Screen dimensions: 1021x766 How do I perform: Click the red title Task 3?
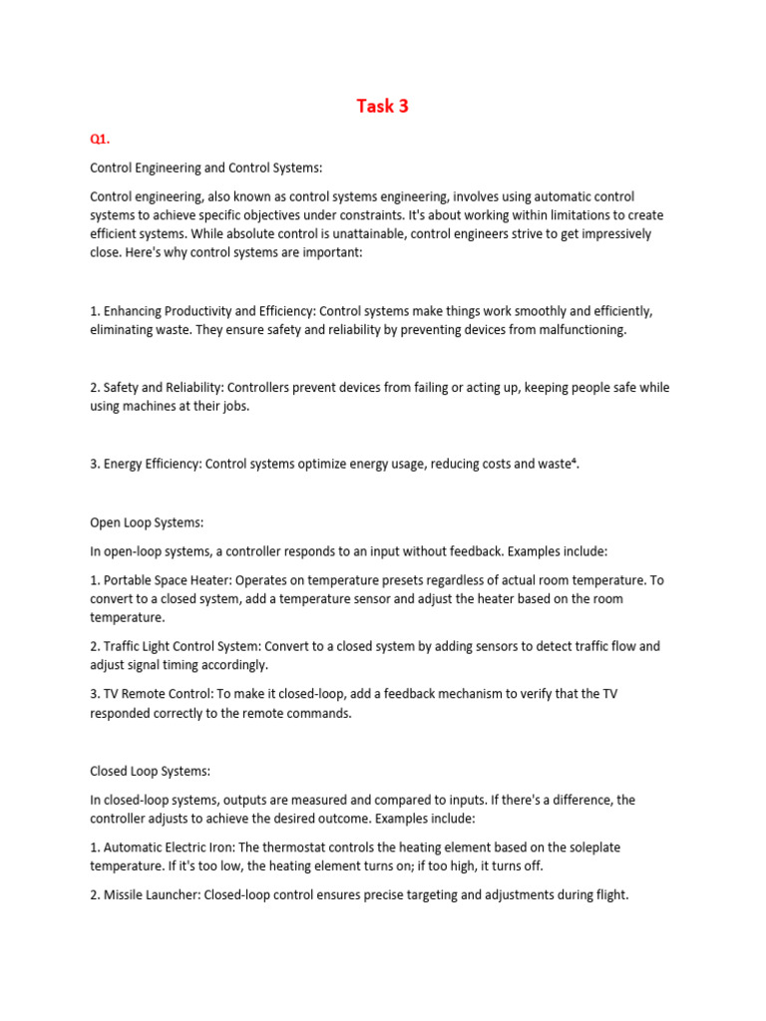[x=383, y=107]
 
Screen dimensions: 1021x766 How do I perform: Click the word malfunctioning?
[x=574, y=329]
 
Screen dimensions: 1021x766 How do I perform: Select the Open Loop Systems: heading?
[x=147, y=521]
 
